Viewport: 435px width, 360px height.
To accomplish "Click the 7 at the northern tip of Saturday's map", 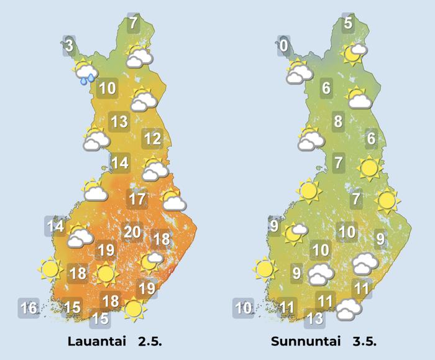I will point(133,24).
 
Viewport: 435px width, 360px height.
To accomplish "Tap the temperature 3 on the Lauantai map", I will point(69,45).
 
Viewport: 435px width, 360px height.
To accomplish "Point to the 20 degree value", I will point(132,232).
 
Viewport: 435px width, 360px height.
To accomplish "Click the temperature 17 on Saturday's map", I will point(137,200).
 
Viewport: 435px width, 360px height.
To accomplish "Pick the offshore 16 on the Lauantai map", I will point(29,307).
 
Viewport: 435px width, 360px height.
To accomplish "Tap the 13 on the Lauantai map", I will point(119,121).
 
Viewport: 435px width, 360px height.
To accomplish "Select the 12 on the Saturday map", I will point(152,138).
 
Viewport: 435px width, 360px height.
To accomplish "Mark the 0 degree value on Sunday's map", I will point(284,45).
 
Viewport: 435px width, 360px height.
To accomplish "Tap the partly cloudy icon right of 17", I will point(172,200).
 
